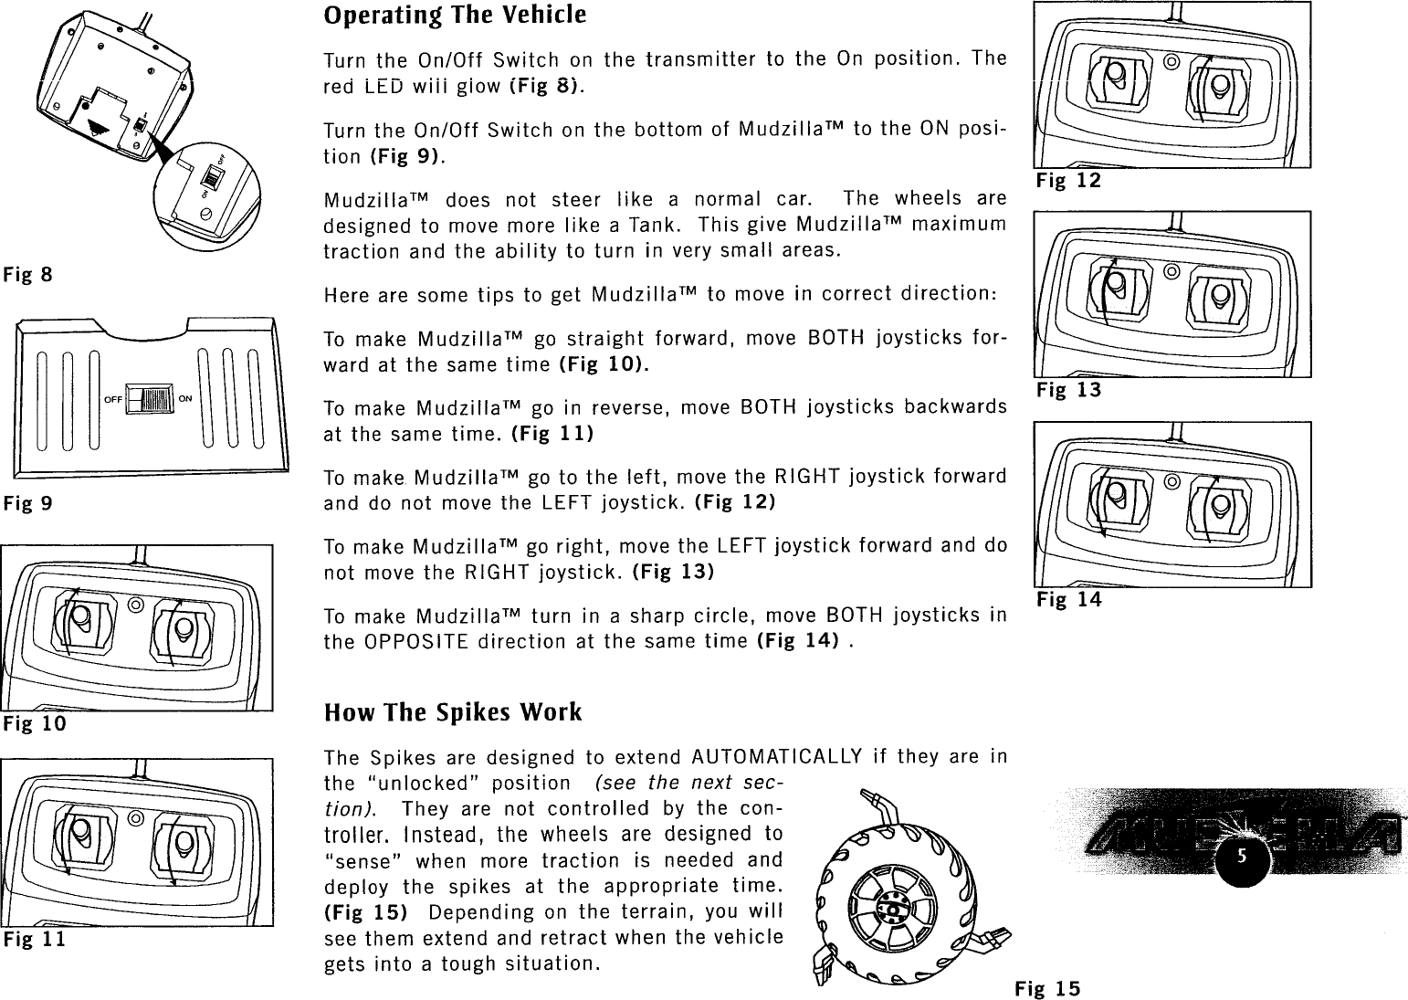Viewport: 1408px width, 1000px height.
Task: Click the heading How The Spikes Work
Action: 453,712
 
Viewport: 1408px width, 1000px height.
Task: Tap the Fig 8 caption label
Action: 27,274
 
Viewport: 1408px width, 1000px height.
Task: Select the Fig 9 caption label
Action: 27,503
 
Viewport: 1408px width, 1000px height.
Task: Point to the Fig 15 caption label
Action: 1046,988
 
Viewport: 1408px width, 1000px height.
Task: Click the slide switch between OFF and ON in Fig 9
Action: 151,399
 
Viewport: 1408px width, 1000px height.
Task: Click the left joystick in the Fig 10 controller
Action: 81,619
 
